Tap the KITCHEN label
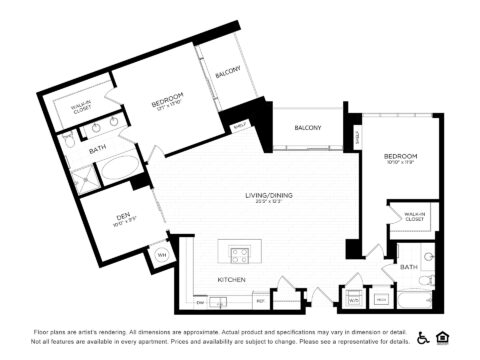pos(232,279)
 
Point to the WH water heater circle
pos(161,255)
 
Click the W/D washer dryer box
pos(353,298)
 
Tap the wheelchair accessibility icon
pos(423,337)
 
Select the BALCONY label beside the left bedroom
pos(228,73)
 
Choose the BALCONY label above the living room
pos(307,128)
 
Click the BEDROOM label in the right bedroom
pos(400,157)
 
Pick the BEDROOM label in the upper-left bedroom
pos(165,103)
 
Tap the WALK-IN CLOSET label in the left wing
pos(81,106)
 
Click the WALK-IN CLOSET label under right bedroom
pos(414,216)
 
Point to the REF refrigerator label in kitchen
pos(259,300)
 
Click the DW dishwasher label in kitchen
pos(201,300)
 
